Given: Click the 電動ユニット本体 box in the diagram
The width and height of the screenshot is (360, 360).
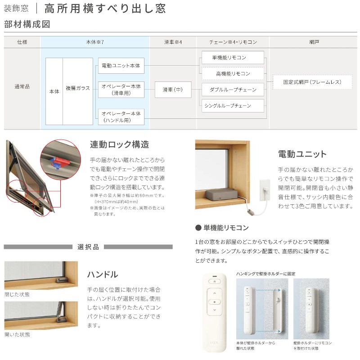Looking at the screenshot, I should click(121, 66).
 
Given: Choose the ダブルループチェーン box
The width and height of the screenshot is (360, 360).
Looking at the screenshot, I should click(232, 90).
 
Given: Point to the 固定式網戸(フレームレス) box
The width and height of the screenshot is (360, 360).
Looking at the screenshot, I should click(312, 82).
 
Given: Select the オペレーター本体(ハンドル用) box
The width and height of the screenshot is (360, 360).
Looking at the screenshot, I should click(121, 117).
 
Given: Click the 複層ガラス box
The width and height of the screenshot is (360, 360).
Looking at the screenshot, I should click(78, 89).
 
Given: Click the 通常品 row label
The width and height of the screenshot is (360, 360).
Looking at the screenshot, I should click(22, 85).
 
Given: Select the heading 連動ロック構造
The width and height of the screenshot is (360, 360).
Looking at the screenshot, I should click(119, 145).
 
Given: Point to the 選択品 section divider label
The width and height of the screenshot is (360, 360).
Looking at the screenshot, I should click(88, 247).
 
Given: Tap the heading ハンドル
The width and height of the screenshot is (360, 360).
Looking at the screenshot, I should click(103, 274).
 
